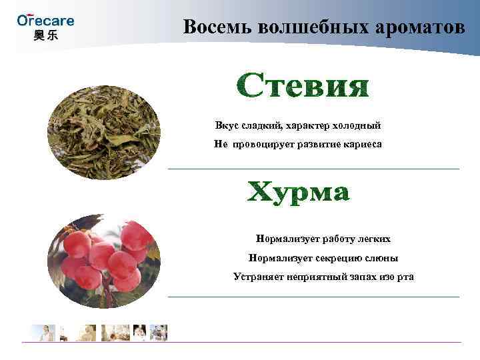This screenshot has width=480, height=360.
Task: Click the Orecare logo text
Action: click(45, 20)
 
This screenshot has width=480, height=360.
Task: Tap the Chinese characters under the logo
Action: click(45, 35)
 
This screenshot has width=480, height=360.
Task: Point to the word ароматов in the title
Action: click(418, 27)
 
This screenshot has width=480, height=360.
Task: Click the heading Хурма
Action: click(299, 193)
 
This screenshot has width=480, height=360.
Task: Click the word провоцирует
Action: click(266, 143)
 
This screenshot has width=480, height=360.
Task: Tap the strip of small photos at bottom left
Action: click(100, 332)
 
